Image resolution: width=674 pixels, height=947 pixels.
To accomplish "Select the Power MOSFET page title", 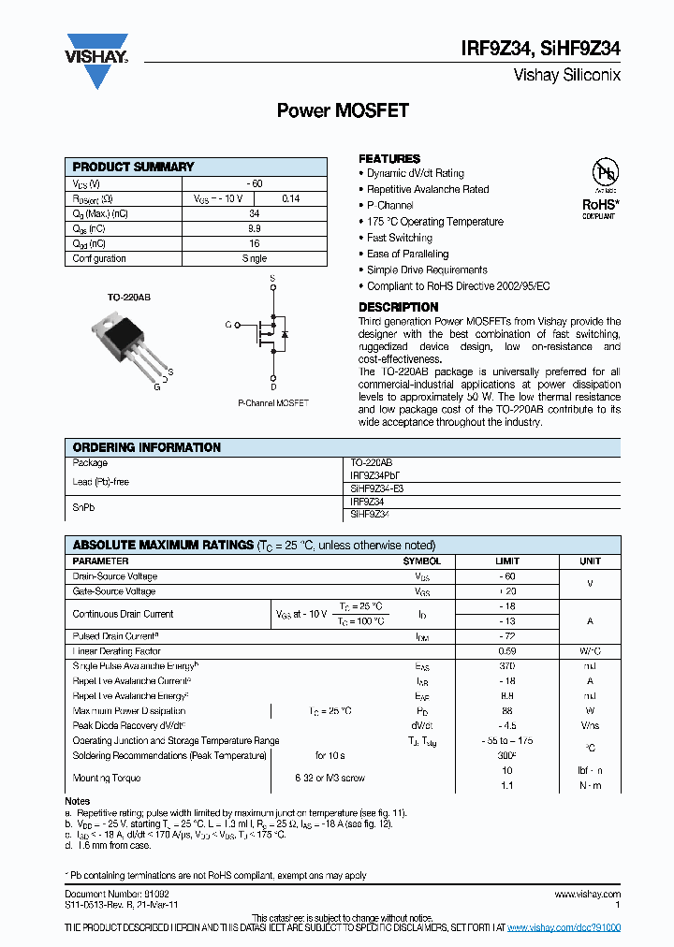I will point(343,110).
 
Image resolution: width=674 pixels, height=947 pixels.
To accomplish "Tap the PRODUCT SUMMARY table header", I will point(133,167).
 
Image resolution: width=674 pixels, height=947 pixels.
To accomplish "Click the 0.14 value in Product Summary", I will point(291,198).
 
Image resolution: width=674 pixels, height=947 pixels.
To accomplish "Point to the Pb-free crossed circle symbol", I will point(604,173).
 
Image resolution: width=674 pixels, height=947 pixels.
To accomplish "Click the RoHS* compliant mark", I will point(599,207).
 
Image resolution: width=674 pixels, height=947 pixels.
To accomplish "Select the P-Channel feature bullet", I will point(389,205).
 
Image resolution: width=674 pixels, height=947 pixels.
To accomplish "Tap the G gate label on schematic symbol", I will point(227,325).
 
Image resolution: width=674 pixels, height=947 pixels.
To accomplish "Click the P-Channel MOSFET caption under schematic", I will point(273,403).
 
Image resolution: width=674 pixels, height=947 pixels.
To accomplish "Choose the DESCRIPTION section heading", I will point(398,307).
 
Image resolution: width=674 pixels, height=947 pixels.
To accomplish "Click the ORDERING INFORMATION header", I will point(146,447).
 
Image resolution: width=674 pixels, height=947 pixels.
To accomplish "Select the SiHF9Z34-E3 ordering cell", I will point(377,488).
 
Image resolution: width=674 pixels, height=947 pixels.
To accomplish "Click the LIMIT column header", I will point(506,561).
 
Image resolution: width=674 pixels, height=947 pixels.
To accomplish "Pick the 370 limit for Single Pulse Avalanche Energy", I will point(506,665).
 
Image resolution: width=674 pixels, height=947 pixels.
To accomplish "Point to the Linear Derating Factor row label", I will point(116,651).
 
